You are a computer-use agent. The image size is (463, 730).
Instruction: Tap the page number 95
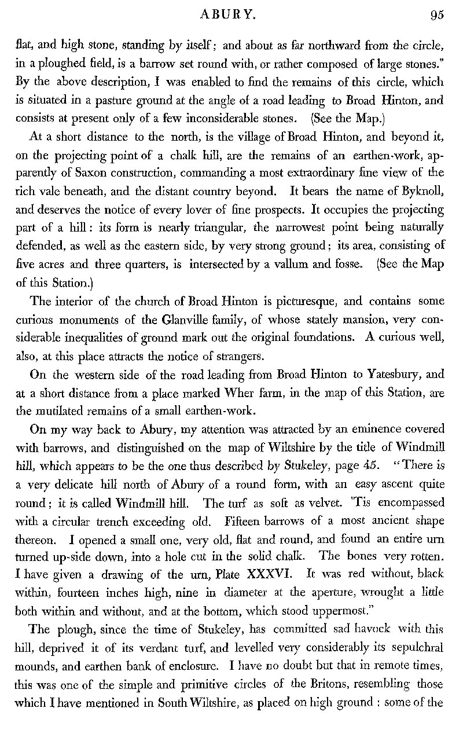[x=437, y=16]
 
